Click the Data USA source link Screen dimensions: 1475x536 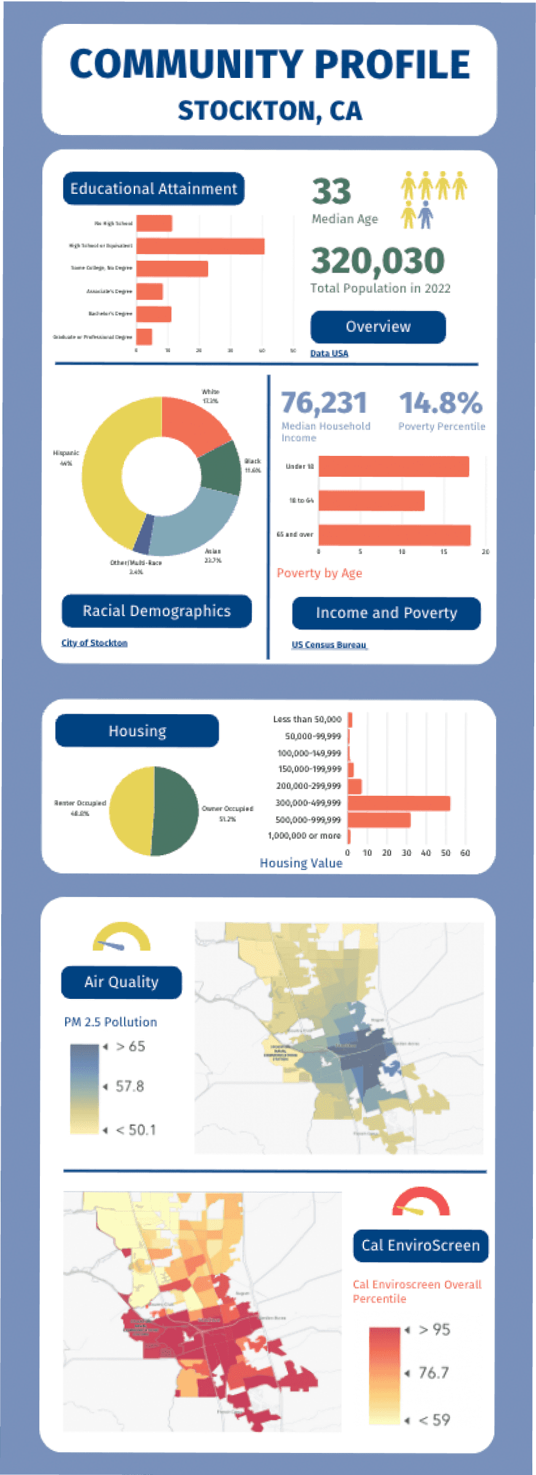(x=329, y=353)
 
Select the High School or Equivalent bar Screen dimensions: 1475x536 (x=200, y=246)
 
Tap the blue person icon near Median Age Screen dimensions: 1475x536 (x=425, y=216)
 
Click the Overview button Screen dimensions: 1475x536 (x=378, y=327)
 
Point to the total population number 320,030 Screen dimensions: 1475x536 (x=378, y=261)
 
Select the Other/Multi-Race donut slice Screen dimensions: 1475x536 (x=142, y=534)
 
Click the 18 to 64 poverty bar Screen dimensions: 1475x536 (x=371, y=501)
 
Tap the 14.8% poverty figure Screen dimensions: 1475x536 (x=440, y=403)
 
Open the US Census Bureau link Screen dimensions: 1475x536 (x=329, y=645)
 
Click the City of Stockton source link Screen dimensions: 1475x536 (x=94, y=643)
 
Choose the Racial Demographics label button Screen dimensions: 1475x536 (x=157, y=611)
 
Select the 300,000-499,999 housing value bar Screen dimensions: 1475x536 (x=398, y=803)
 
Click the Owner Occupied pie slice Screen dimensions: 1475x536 (x=177, y=810)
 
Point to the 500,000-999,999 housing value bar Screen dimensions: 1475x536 (x=379, y=820)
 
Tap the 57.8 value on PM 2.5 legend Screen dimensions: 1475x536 (x=130, y=1087)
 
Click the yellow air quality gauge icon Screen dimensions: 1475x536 (x=122, y=938)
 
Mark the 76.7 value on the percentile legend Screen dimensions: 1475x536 (x=433, y=1373)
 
